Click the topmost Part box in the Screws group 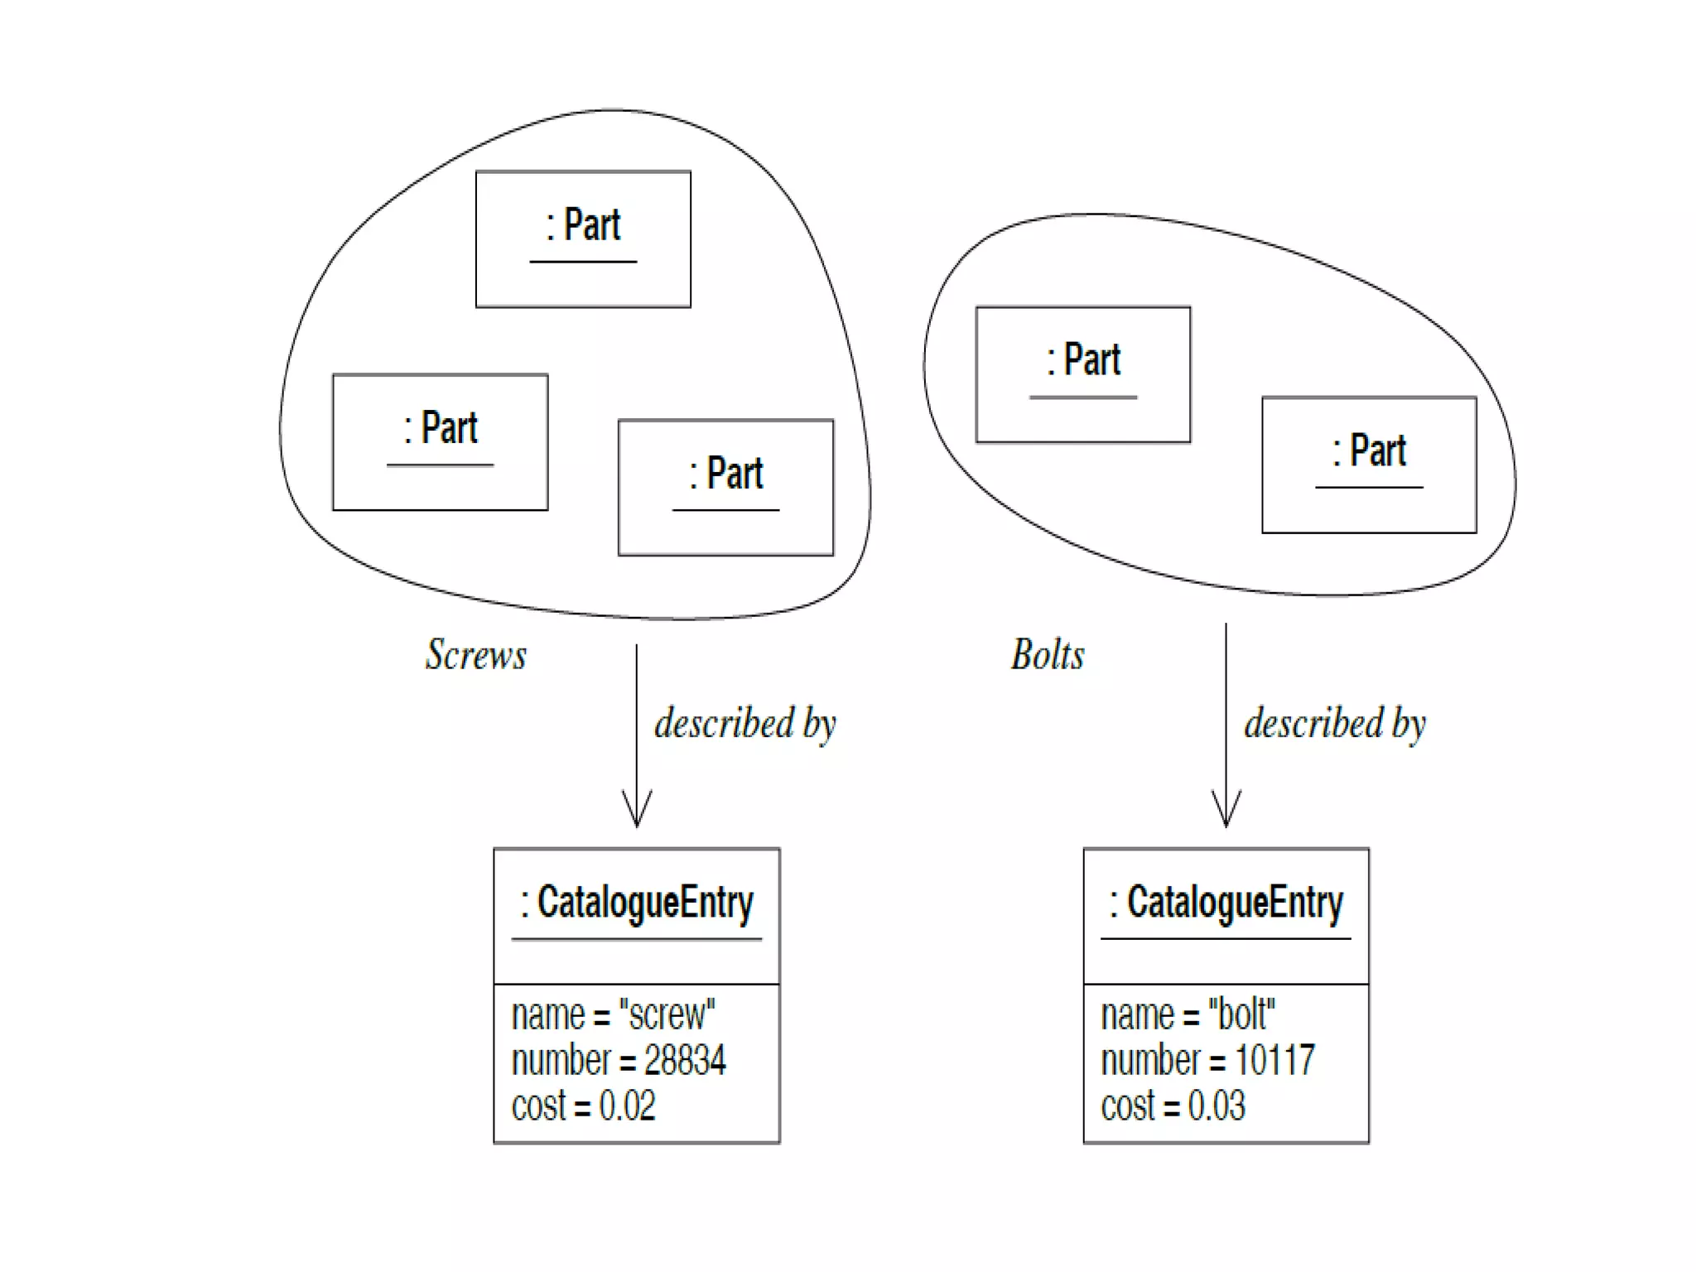[x=583, y=238]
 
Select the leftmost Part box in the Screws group [x=440, y=441]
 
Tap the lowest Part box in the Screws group [x=725, y=487]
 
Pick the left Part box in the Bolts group [x=1082, y=374]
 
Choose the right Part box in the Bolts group [x=1369, y=465]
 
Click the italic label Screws [x=476, y=655]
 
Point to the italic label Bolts [x=1048, y=655]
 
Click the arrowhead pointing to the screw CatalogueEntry [x=637, y=811]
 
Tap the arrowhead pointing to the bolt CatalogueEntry [x=1226, y=811]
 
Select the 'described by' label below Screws [x=745, y=724]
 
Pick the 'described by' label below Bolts [x=1335, y=724]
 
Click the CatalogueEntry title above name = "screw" [x=637, y=903]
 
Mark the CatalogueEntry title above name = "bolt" [x=1226, y=903]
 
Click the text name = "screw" [x=613, y=1015]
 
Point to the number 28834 [x=685, y=1061]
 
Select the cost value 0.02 [x=627, y=1106]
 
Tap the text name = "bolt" [x=1188, y=1015]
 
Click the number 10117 [x=1274, y=1061]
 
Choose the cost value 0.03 [x=1216, y=1106]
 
